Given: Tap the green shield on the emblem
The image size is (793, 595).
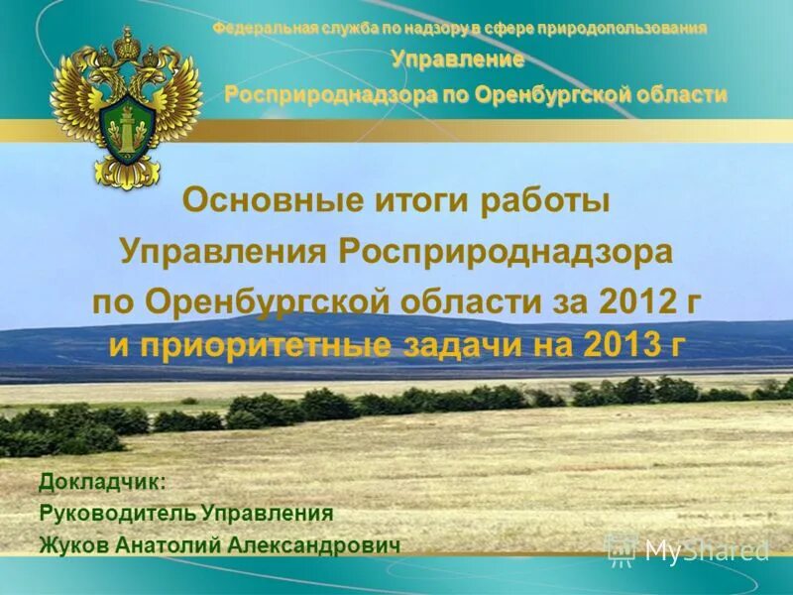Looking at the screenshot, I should pyautogui.click(x=126, y=128).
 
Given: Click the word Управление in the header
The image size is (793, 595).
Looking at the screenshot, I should pyautogui.click(x=457, y=59).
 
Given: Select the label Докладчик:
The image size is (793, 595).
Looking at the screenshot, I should pyautogui.click(x=103, y=482).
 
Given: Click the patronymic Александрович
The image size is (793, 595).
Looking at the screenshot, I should pyautogui.click(x=315, y=545).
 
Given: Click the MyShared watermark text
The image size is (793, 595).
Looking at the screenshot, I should pyautogui.click(x=706, y=550).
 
